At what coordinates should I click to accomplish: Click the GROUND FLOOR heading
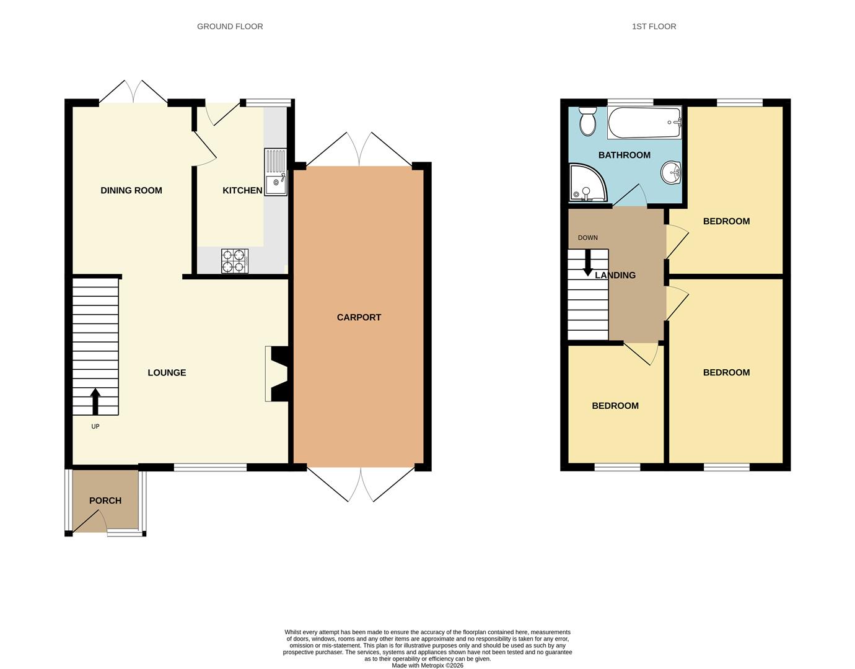(230, 27)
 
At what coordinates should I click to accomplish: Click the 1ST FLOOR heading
(654, 27)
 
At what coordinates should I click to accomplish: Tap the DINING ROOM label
(131, 191)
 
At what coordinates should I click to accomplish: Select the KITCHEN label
(242, 191)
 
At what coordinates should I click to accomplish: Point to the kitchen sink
(276, 172)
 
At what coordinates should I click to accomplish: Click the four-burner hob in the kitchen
(235, 261)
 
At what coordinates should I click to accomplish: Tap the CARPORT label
(359, 317)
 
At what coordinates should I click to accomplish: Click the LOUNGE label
(167, 373)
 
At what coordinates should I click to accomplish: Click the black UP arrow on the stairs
(95, 401)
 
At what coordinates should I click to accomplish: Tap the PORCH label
(105, 501)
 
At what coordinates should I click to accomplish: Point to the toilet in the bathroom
(587, 121)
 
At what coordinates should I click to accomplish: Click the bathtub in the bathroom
(644, 123)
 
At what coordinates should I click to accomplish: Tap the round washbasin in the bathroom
(671, 172)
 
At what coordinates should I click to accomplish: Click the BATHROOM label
(624, 155)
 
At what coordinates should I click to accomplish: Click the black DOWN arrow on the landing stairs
(588, 262)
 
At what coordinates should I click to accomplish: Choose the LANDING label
(615, 275)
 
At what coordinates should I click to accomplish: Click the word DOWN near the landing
(588, 238)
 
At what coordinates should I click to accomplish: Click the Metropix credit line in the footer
(427, 665)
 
